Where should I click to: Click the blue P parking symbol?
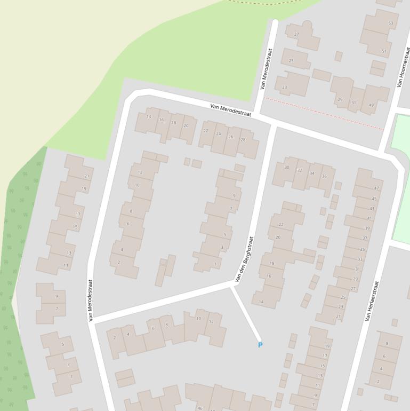coord(260,345)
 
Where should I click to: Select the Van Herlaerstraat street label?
coord(371,301)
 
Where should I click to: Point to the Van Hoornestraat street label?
coord(404,67)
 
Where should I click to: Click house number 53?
coord(391,23)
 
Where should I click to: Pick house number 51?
coord(384,52)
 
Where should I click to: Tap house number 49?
coord(371,105)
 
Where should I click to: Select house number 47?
coord(376,188)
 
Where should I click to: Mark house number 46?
coord(200,408)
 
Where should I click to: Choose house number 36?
coord(324,176)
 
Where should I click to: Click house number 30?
coord(287,168)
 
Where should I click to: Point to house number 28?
coord(243,140)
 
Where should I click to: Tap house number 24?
coord(218,134)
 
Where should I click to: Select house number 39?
coord(367,228)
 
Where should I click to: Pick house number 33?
coord(359,259)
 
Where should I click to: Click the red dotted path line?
coord(324,114)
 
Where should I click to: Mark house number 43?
coord(372,209)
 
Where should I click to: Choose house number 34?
coord(312,173)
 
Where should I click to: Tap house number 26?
coord(230,137)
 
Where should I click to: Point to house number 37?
coord(365,238)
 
